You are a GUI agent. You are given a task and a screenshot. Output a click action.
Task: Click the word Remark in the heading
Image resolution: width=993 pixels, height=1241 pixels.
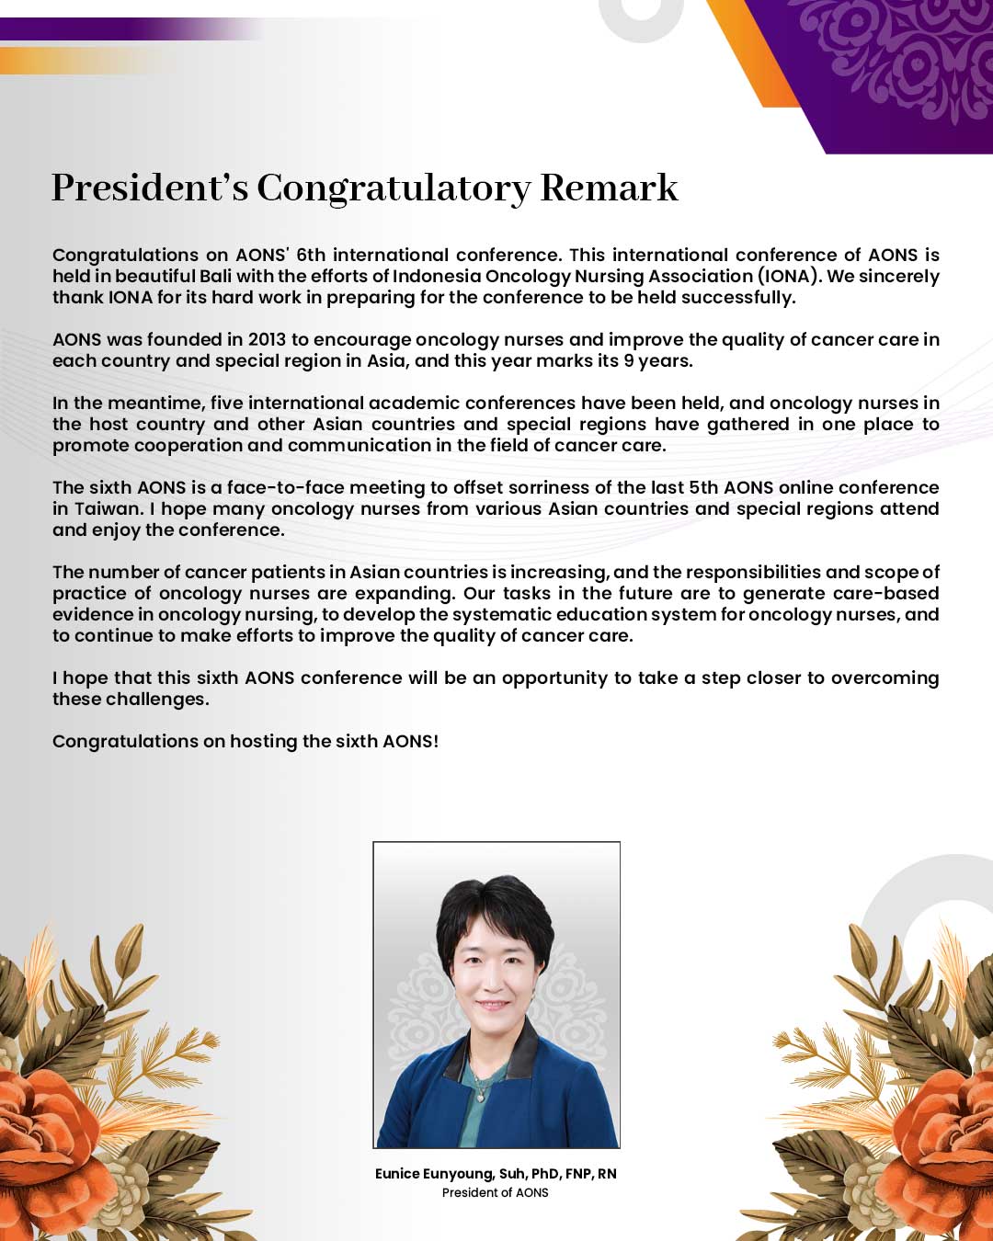click(x=609, y=188)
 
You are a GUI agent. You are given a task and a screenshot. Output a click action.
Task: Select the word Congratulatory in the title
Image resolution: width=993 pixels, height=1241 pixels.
click(x=393, y=189)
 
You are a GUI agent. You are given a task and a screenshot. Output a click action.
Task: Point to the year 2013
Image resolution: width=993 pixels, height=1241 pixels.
click(x=267, y=340)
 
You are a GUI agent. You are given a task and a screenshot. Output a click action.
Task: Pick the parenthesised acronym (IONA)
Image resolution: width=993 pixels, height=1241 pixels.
click(x=790, y=277)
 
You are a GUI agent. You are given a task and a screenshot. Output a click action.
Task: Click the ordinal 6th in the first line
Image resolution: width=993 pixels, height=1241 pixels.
click(x=311, y=256)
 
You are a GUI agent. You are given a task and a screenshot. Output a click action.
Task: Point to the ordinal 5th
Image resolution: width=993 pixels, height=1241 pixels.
click(x=703, y=488)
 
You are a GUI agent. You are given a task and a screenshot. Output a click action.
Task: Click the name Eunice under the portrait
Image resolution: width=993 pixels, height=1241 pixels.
click(x=396, y=1174)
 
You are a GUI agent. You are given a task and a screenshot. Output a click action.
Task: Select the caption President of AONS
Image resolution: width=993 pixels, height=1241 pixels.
click(x=495, y=1193)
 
